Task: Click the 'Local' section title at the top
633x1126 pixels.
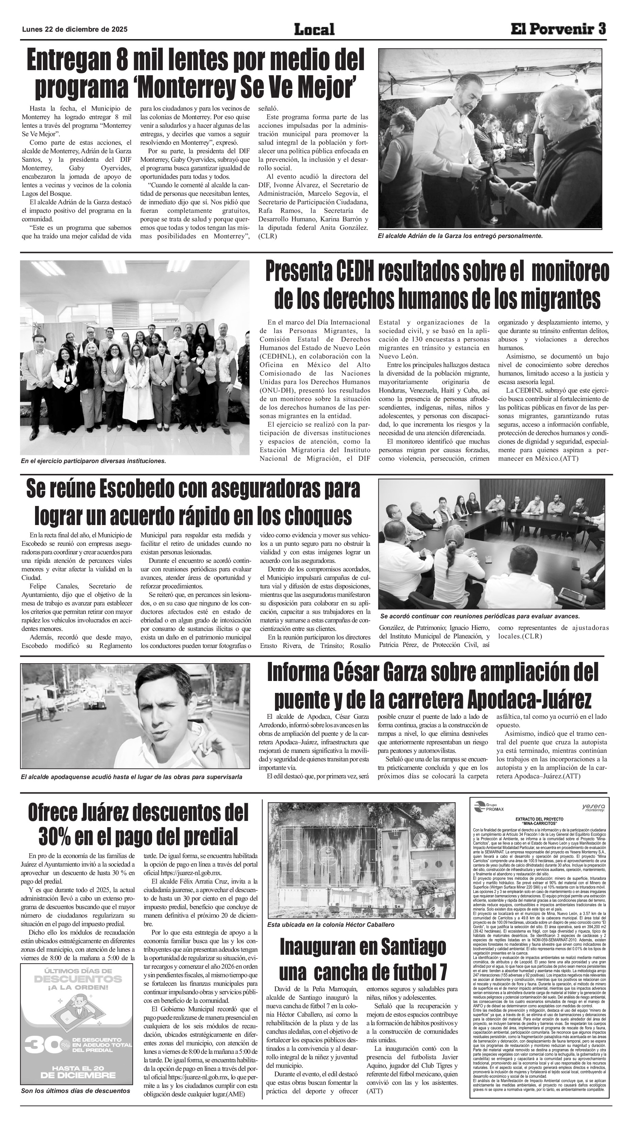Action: tap(314, 29)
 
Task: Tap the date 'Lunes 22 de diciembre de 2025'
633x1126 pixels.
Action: tap(75, 29)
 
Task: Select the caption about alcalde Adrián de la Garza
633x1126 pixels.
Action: tap(460, 236)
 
